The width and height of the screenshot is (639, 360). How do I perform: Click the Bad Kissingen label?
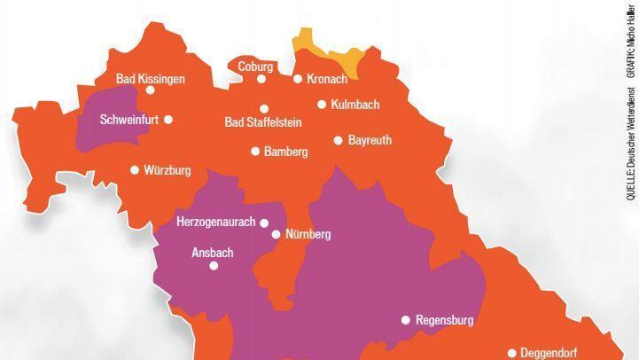151,79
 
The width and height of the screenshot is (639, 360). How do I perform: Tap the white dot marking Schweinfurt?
168,120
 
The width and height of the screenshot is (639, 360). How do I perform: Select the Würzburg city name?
168,170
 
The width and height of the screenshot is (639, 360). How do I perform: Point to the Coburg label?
255,67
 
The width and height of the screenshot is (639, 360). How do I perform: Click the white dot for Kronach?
298,79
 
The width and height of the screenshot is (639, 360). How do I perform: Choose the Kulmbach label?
355,105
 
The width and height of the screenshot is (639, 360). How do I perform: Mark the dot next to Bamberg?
255,152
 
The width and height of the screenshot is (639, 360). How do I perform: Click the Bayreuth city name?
370,140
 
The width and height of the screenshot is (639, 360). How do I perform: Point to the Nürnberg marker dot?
276,235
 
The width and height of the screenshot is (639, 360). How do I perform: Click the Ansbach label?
213,253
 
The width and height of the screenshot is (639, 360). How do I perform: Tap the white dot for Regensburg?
406,320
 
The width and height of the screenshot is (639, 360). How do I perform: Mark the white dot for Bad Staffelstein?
264,109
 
